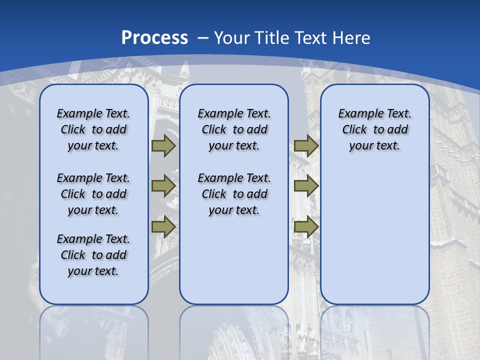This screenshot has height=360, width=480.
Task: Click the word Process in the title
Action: click(x=154, y=38)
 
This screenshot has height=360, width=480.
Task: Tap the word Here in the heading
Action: click(x=352, y=38)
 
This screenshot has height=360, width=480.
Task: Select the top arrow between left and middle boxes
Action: click(x=163, y=146)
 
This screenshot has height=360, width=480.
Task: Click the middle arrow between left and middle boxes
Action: click(x=163, y=186)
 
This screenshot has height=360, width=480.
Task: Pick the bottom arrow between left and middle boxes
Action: click(x=163, y=226)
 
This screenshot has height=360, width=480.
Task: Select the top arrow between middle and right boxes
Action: click(x=306, y=146)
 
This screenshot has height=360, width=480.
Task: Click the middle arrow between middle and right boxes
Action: click(x=306, y=186)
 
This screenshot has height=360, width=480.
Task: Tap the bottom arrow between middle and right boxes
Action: click(x=306, y=226)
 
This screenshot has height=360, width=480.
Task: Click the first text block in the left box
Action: click(x=93, y=129)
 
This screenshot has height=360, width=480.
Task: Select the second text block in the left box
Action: click(x=93, y=194)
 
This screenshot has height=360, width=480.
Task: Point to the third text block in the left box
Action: click(x=93, y=255)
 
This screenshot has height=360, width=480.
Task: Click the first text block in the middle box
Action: click(x=234, y=129)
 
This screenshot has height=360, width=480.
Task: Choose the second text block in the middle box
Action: click(x=234, y=194)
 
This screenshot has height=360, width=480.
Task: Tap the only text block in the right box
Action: click(x=374, y=129)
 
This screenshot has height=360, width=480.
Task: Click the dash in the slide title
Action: click(x=203, y=38)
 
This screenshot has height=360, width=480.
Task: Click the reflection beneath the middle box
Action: click(x=234, y=330)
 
